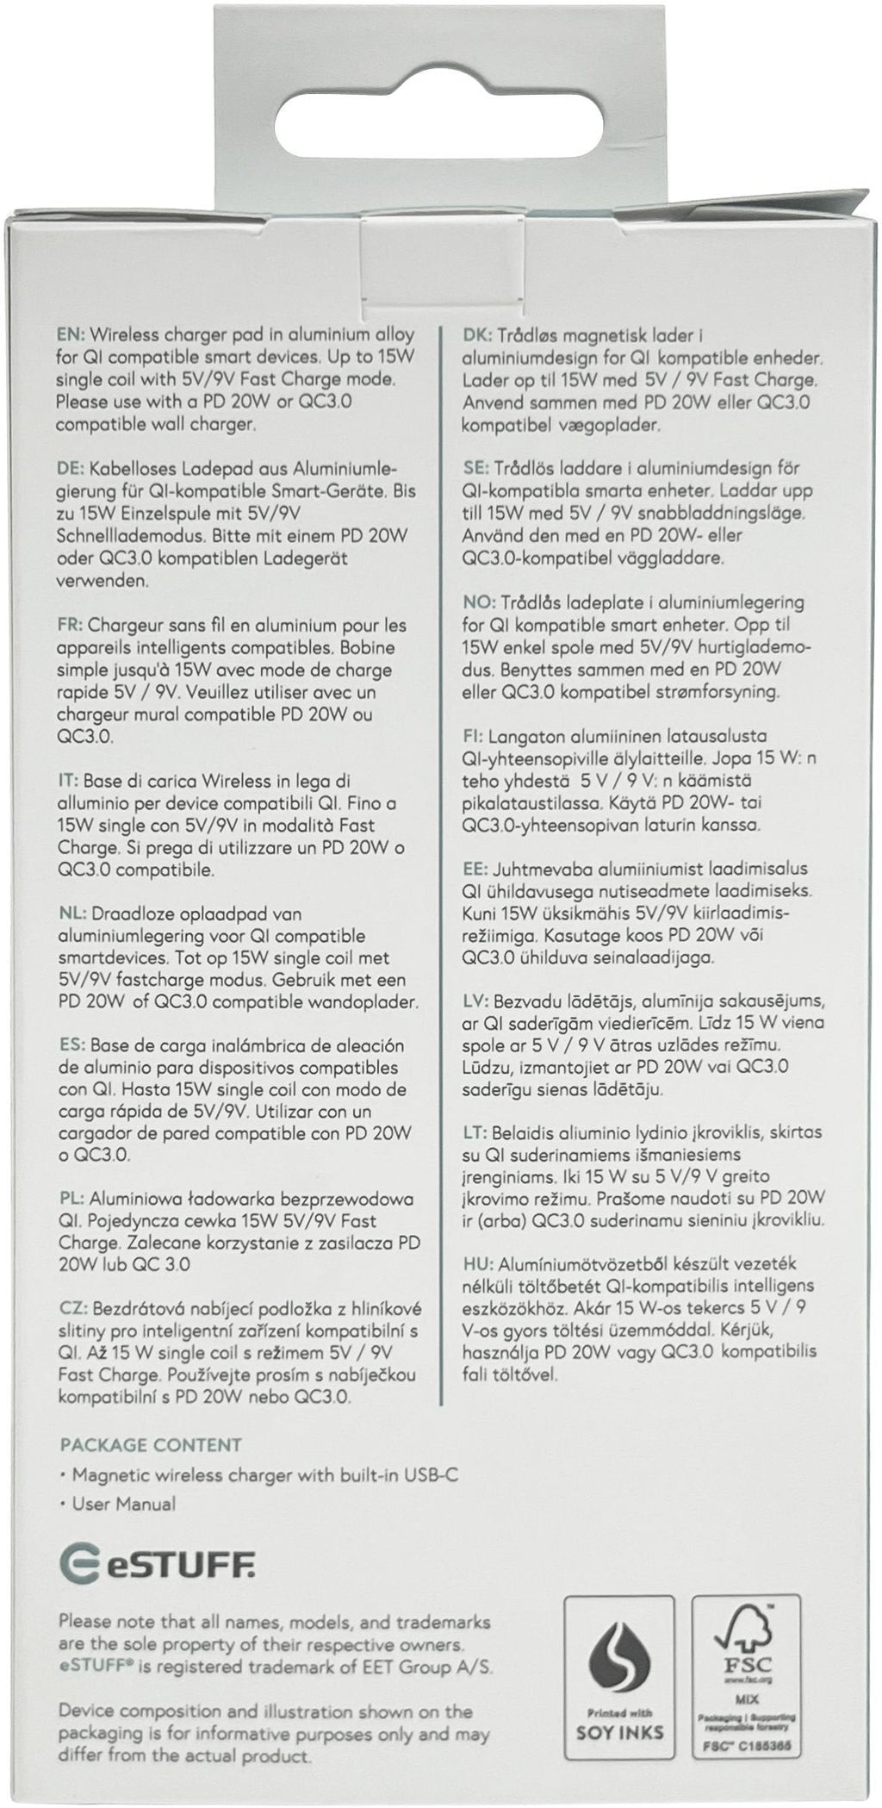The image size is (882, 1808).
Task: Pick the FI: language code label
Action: pos(474,737)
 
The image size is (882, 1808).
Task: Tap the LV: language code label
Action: pos(477,1001)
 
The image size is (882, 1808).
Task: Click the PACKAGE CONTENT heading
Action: pos(151,1445)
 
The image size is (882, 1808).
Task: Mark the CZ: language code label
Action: pos(71,1307)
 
